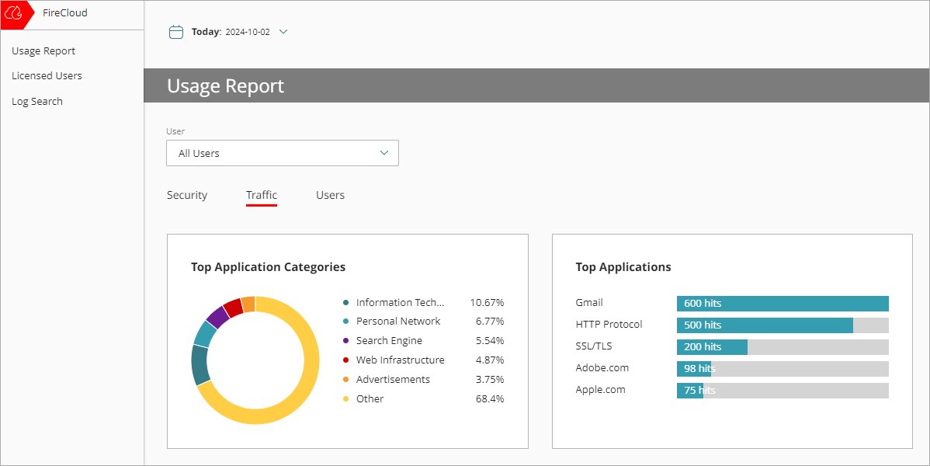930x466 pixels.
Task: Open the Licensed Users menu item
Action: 47,76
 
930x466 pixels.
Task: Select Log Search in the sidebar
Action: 37,102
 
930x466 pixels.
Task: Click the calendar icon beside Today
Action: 176,32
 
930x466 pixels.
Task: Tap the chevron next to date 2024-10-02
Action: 283,32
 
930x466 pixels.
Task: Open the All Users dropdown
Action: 283,153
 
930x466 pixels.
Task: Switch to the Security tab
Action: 187,195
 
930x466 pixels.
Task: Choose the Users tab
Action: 330,195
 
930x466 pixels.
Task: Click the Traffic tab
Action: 262,195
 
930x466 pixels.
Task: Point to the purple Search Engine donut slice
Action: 217,317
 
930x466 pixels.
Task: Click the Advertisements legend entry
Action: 393,380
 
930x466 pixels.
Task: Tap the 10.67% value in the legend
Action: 487,302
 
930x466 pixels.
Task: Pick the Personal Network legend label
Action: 398,322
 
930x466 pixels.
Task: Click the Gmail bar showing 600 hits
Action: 783,304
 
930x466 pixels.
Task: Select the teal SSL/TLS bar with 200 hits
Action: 712,347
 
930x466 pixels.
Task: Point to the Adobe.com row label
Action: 602,368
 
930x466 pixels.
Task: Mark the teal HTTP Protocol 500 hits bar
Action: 765,325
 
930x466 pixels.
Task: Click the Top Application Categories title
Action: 268,267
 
